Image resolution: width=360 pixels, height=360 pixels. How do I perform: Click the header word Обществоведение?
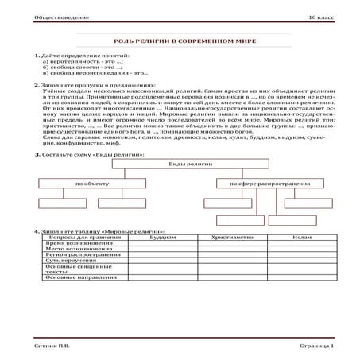(41, 16)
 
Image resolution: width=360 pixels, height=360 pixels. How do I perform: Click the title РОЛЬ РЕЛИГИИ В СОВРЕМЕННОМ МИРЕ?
(180, 39)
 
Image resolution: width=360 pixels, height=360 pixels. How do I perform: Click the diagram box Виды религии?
(180, 162)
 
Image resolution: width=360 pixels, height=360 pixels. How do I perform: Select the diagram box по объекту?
(87, 184)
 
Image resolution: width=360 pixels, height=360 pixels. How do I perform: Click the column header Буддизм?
(162, 238)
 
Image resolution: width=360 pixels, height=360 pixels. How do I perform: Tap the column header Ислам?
(302, 238)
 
